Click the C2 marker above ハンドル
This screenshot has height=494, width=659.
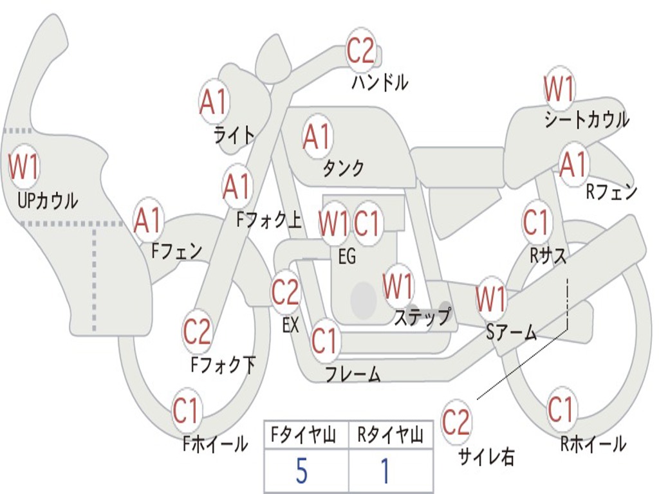pos(360,50)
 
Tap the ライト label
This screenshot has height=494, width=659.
pos(234,135)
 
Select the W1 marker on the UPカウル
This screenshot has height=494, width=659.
pos(24,167)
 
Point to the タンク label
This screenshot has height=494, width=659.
pos(343,168)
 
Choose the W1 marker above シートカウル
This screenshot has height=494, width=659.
pos(559,89)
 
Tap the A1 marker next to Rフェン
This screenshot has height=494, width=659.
pos(573,165)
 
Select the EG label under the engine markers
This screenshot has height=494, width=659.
pos(347,256)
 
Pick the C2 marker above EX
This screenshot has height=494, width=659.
pos(285,291)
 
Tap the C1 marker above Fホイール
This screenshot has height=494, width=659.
pos(185,410)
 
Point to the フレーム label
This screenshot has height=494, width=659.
pos(353,374)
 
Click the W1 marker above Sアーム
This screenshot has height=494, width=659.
pos(490,299)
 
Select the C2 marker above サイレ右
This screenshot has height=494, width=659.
pos(456,422)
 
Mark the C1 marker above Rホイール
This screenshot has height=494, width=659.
pos(561,408)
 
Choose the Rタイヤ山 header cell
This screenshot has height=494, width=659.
pos(391,434)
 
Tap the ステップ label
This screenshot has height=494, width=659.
pos(422,316)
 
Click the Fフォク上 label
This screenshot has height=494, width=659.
pos(269,220)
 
